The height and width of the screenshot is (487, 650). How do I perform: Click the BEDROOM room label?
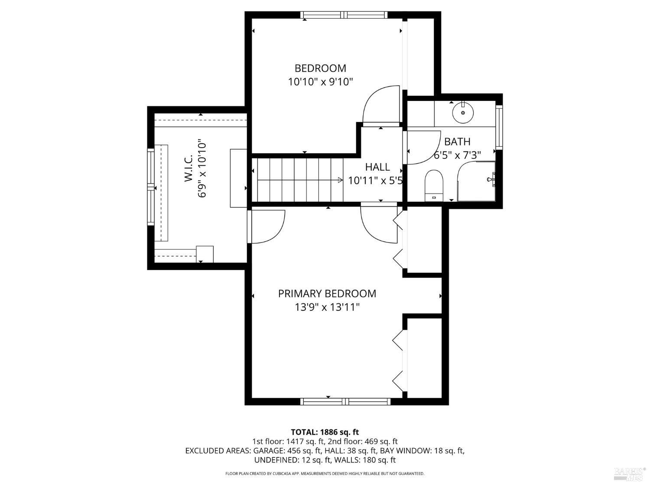(x=320, y=68)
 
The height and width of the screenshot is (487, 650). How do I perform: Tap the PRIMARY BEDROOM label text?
(x=327, y=293)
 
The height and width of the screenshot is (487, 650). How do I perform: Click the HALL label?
(x=377, y=167)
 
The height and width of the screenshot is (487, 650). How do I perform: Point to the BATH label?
(x=457, y=142)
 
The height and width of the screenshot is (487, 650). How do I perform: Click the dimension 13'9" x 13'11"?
(x=327, y=307)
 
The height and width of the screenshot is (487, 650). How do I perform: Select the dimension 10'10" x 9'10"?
(x=320, y=81)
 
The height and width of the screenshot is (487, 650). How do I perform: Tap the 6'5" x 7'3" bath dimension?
(x=457, y=155)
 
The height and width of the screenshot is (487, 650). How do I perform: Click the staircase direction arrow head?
(x=340, y=180)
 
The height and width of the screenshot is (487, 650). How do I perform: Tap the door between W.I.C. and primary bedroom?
(x=265, y=226)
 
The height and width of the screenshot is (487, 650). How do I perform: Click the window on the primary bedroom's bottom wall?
(x=345, y=401)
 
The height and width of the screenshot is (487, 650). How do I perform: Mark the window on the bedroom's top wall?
(x=344, y=15)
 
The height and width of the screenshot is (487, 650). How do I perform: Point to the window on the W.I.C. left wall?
(x=151, y=187)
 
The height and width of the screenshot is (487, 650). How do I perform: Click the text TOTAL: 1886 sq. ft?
(x=325, y=432)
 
